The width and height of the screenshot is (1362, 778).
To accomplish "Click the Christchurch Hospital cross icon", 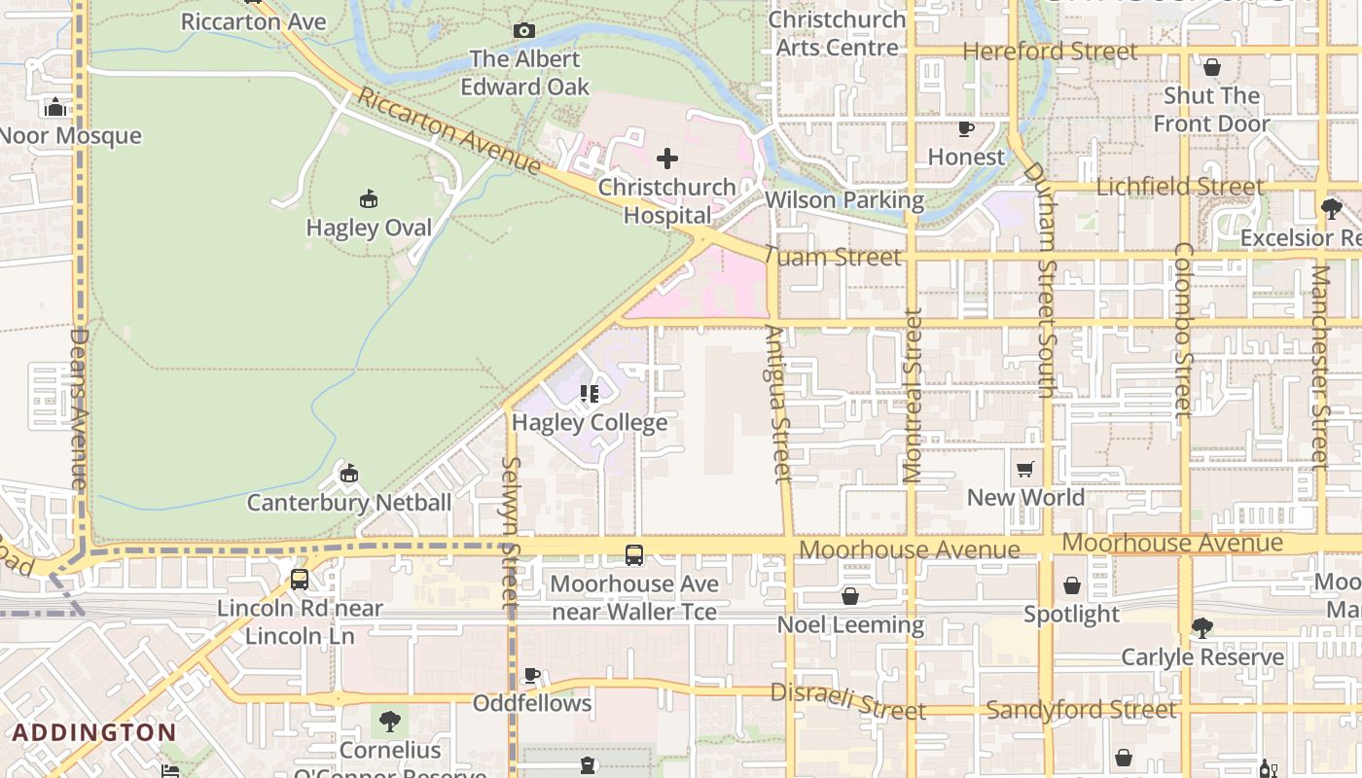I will pyautogui.click(x=667, y=159).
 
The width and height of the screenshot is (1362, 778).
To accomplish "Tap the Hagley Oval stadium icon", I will pyautogui.click(x=369, y=199).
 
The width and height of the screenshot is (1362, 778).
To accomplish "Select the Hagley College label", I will pyautogui.click(x=590, y=423).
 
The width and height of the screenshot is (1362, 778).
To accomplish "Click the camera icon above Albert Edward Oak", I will pyautogui.click(x=524, y=31).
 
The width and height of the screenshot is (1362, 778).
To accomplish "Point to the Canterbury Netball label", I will pyautogui.click(x=348, y=503).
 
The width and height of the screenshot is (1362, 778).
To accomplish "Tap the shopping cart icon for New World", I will pyautogui.click(x=1024, y=471).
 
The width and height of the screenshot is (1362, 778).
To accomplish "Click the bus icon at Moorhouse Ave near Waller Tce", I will pyautogui.click(x=634, y=555).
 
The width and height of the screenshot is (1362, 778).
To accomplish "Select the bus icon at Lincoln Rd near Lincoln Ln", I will pyautogui.click(x=300, y=580).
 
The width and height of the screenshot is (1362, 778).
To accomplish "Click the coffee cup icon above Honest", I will pyautogui.click(x=966, y=128).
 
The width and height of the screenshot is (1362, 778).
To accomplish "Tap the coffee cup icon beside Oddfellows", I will pyautogui.click(x=532, y=675).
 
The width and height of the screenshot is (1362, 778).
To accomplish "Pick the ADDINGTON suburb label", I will pyautogui.click(x=94, y=732).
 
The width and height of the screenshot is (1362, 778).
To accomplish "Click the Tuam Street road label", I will pyautogui.click(x=833, y=258).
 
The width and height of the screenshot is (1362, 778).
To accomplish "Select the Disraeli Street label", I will pyautogui.click(x=847, y=701).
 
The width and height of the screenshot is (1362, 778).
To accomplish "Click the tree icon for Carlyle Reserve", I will pyautogui.click(x=1202, y=628).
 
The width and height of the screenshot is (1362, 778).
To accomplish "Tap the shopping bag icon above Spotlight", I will pyautogui.click(x=1071, y=585).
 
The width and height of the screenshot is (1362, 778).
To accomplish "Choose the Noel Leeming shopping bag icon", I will pyautogui.click(x=850, y=596).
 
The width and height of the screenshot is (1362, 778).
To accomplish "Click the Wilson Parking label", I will pyautogui.click(x=844, y=200).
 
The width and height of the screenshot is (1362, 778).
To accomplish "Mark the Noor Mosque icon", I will pyautogui.click(x=55, y=107).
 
